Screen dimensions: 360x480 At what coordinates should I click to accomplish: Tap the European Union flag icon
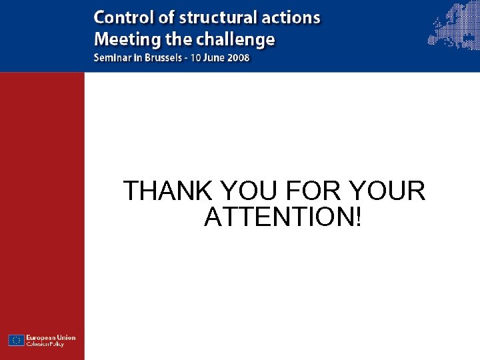(16, 340)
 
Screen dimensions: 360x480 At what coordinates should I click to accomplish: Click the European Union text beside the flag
(51, 337)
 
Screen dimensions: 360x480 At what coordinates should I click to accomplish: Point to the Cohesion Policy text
(46, 344)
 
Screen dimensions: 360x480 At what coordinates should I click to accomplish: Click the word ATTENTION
(279, 217)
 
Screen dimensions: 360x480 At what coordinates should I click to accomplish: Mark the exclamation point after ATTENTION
(359, 217)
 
